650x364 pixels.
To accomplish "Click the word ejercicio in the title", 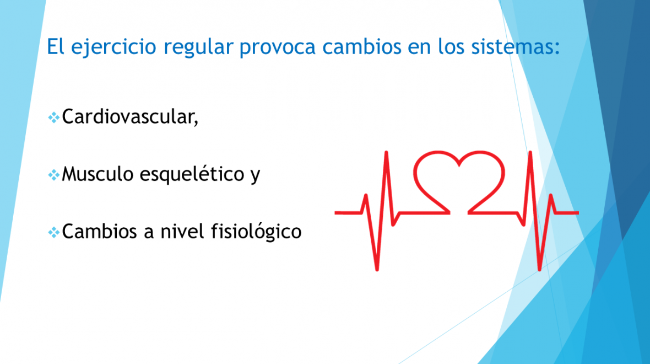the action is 113,47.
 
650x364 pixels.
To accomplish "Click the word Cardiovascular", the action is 128,116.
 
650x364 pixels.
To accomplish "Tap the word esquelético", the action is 192,174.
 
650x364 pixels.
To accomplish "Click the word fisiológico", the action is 256,232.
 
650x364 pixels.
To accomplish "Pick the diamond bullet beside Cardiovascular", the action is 53,118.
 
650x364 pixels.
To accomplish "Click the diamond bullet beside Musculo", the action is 53,175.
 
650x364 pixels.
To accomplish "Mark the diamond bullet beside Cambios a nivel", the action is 53,232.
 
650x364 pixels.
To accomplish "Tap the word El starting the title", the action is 55,46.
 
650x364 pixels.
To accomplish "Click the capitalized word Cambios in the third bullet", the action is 100,231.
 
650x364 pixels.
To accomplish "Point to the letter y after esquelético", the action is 255,176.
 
